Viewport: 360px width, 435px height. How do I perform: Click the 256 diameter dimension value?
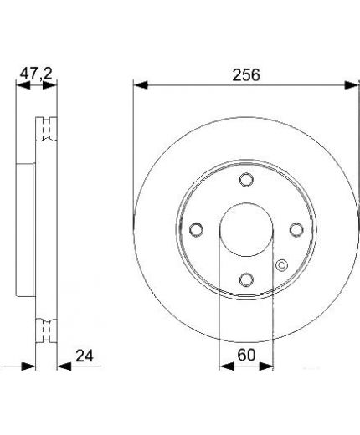click(246, 74)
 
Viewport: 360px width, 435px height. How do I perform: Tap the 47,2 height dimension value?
click(36, 74)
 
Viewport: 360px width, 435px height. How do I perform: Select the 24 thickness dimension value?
click(85, 356)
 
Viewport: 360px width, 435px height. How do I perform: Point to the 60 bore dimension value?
click(246, 355)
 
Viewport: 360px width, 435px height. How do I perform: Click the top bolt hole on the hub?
click(246, 179)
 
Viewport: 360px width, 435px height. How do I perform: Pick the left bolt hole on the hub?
click(197, 229)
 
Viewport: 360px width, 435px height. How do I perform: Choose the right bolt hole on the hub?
click(296, 229)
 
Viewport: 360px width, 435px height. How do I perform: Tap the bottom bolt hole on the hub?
click(246, 279)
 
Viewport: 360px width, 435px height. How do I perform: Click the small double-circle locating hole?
click(282, 265)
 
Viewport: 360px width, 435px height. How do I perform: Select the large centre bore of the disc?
click(246, 229)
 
